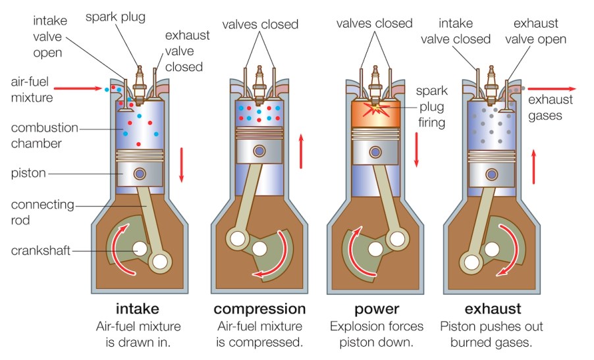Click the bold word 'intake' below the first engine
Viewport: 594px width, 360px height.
137,309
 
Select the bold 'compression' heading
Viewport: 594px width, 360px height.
259,309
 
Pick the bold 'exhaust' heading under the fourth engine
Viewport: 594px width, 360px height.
493,309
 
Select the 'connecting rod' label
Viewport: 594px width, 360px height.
42,212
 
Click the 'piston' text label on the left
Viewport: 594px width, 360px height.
29,173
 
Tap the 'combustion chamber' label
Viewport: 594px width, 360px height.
44,135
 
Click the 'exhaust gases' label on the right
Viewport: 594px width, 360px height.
550,107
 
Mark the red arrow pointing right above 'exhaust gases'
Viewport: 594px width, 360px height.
551,88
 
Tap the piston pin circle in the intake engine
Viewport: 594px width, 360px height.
139,174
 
